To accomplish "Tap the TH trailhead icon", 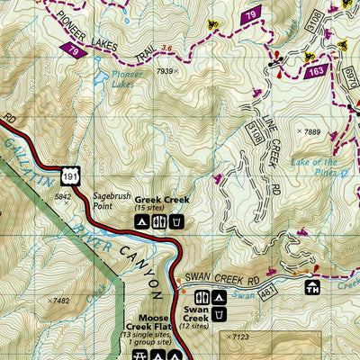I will (x=312, y=289).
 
